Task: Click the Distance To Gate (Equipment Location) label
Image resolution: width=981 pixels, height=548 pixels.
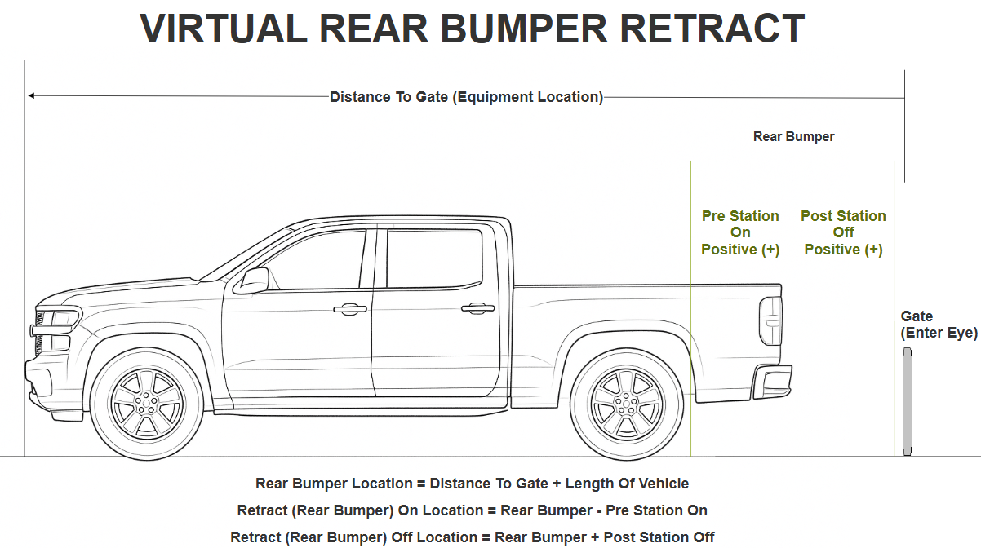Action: point(466,97)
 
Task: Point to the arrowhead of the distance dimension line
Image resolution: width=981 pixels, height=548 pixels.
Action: point(31,96)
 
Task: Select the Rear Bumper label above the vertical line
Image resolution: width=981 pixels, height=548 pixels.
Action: point(793,137)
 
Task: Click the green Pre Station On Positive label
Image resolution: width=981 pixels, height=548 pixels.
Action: point(740,232)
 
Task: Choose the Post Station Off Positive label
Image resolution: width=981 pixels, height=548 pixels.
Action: point(843,232)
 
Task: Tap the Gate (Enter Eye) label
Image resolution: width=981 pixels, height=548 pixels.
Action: point(939,325)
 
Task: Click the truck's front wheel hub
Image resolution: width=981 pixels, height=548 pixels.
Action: point(147,403)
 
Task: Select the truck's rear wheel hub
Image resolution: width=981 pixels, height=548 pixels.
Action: point(626,403)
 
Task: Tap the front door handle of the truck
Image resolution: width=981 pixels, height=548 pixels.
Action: point(349,309)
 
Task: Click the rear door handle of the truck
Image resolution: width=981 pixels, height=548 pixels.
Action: point(477,308)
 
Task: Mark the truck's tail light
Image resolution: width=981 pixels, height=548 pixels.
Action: point(770,320)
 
